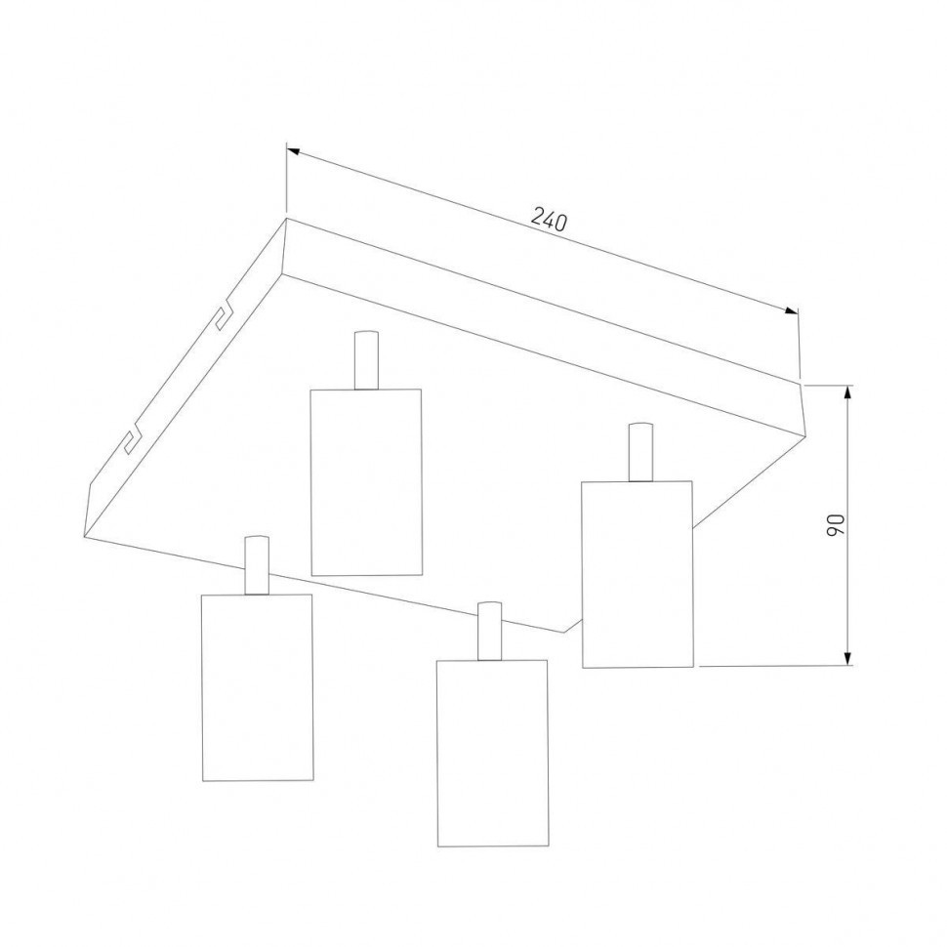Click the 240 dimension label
pos(549,220)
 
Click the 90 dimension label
pos(836,525)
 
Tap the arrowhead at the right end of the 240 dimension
pos(791,310)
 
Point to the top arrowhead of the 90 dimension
pos(848,392)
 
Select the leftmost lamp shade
pos(258,688)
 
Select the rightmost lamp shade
pos(638,574)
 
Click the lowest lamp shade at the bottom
pos(493,753)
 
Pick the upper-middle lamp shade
pos(366,482)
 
